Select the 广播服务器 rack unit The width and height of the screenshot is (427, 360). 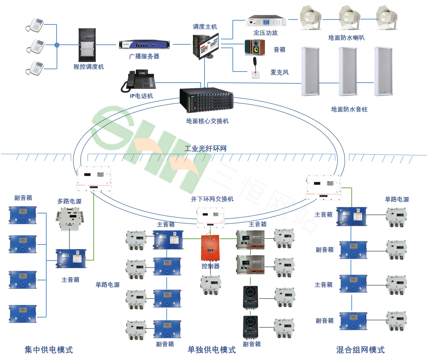click(144, 45)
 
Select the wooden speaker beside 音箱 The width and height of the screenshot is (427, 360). click(254, 48)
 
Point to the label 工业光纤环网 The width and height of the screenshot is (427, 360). click(205, 148)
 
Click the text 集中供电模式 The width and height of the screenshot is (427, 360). click(49, 349)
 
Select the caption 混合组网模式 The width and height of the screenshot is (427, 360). click(360, 349)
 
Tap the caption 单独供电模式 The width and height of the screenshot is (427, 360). click(211, 349)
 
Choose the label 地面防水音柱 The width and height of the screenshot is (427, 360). click(349, 109)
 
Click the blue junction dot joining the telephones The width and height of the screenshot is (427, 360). click(57, 45)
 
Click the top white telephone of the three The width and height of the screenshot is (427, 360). click(36, 24)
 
